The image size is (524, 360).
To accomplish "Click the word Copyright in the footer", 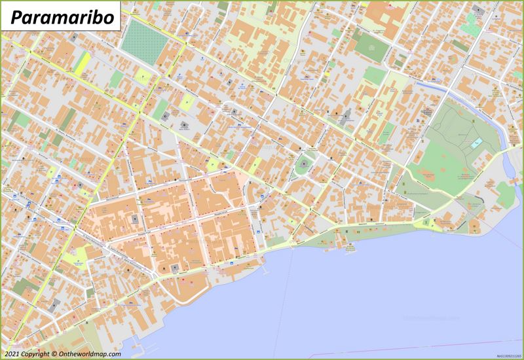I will pos(33,354).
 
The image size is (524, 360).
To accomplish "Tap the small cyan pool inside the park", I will pos(477,142).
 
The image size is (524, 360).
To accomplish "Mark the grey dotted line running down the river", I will pos(283,308).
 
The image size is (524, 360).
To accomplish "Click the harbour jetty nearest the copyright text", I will pos(134,341).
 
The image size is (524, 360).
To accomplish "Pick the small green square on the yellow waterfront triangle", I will pos(426,223).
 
